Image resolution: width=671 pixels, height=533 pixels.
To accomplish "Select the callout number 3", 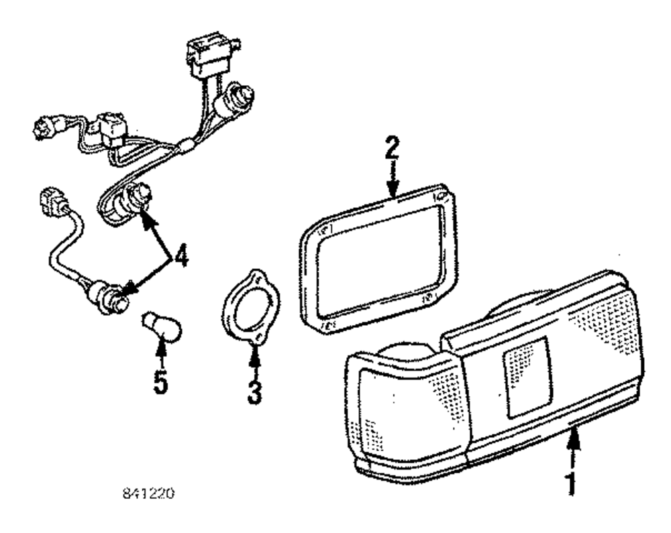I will pyautogui.click(x=254, y=391).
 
